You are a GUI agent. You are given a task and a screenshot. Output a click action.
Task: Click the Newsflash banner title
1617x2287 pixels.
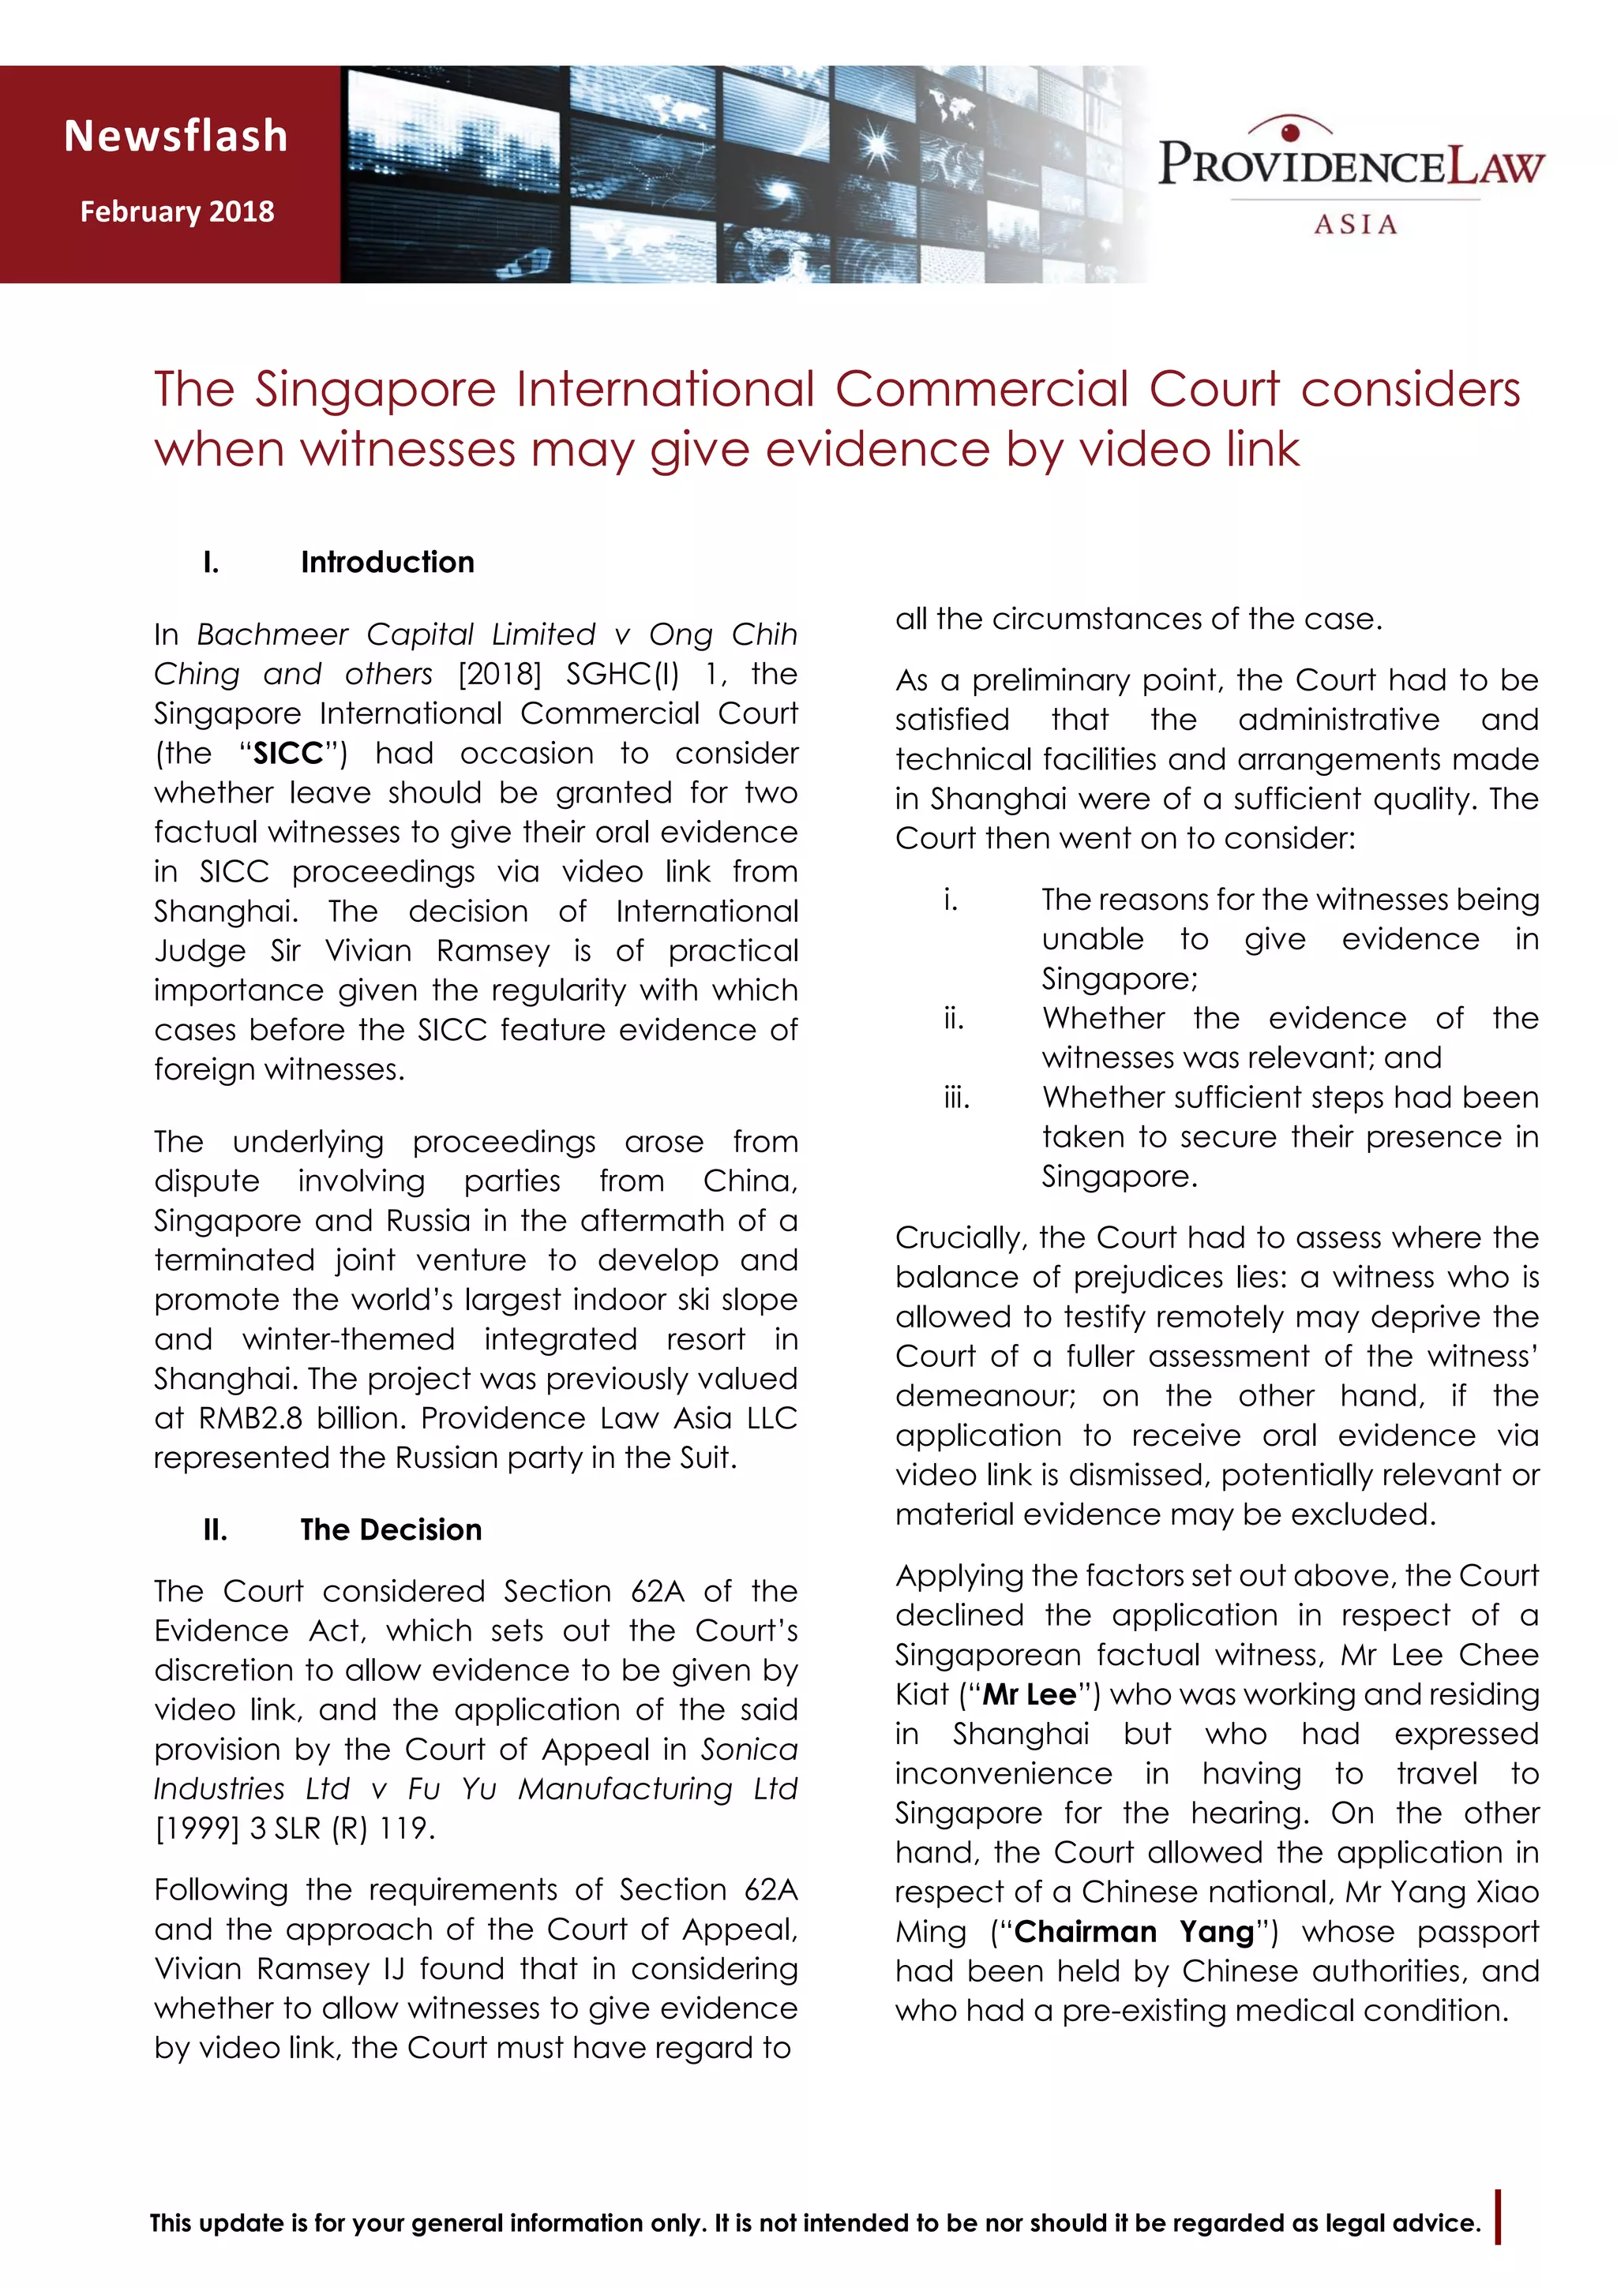click(x=176, y=137)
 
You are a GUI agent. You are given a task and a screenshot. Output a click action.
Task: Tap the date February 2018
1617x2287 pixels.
click(x=178, y=211)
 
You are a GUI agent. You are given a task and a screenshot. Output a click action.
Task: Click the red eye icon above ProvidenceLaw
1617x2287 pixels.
click(x=1290, y=129)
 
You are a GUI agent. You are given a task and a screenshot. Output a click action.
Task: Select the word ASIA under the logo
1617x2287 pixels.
click(x=1355, y=224)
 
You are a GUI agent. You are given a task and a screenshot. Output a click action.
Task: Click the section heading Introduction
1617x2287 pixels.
click(x=388, y=562)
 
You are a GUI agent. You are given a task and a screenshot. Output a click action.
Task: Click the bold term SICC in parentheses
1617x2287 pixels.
click(x=289, y=753)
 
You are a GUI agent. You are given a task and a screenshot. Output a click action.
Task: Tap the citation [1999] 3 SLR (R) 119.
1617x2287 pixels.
click(x=295, y=1828)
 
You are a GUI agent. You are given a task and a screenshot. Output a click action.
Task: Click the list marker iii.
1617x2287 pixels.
click(x=955, y=1098)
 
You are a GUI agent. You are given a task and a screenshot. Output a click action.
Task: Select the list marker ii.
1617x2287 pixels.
click(x=954, y=1018)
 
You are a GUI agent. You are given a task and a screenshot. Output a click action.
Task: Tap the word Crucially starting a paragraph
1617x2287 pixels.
click(x=959, y=1238)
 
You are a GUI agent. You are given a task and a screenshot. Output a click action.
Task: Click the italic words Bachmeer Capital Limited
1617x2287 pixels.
click(x=396, y=634)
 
